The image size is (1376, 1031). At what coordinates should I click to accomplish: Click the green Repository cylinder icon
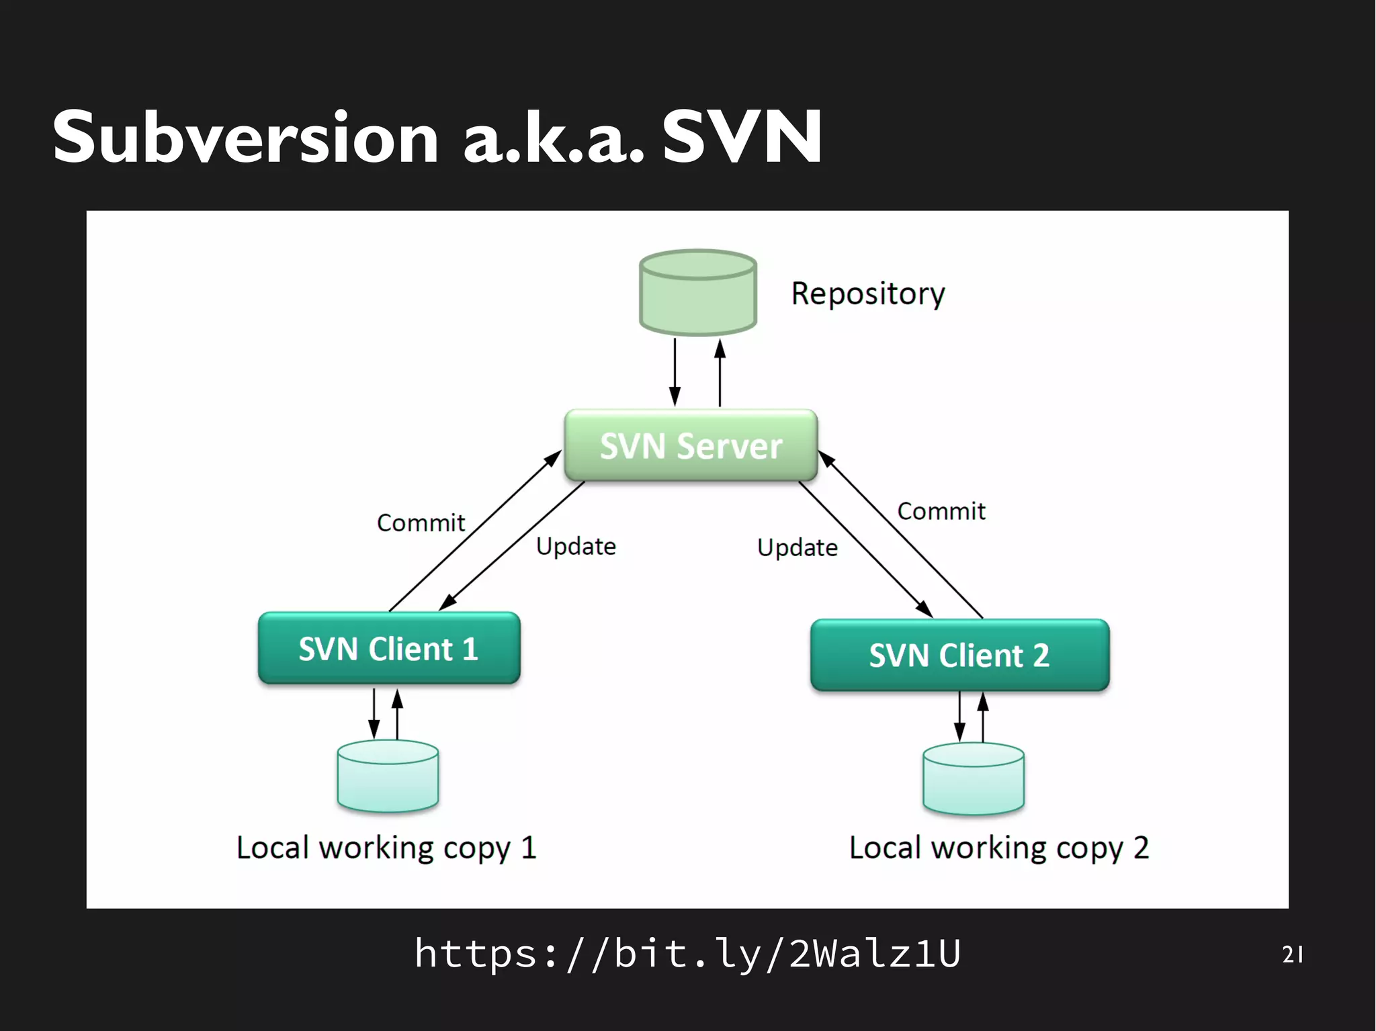698,293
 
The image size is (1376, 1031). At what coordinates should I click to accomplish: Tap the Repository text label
867,294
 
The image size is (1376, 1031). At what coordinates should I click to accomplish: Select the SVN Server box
691,446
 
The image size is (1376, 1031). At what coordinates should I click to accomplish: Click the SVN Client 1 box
389,649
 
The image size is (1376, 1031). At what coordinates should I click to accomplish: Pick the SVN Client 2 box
959,656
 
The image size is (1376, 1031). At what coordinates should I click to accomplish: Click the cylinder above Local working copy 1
388,776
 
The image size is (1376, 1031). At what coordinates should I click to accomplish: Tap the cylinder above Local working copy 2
974,779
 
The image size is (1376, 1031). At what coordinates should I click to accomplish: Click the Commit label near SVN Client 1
421,523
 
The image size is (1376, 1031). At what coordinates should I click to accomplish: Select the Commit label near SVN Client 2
941,511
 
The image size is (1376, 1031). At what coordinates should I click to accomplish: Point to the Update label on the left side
576,546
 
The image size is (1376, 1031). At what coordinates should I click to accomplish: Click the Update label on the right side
798,547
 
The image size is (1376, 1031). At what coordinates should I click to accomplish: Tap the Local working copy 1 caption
386,848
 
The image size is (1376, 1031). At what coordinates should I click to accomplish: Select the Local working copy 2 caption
999,848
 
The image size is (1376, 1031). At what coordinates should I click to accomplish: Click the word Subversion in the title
246,138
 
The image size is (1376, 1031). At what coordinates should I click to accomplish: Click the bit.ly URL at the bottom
687,952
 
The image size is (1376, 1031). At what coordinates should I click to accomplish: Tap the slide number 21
1291,954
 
